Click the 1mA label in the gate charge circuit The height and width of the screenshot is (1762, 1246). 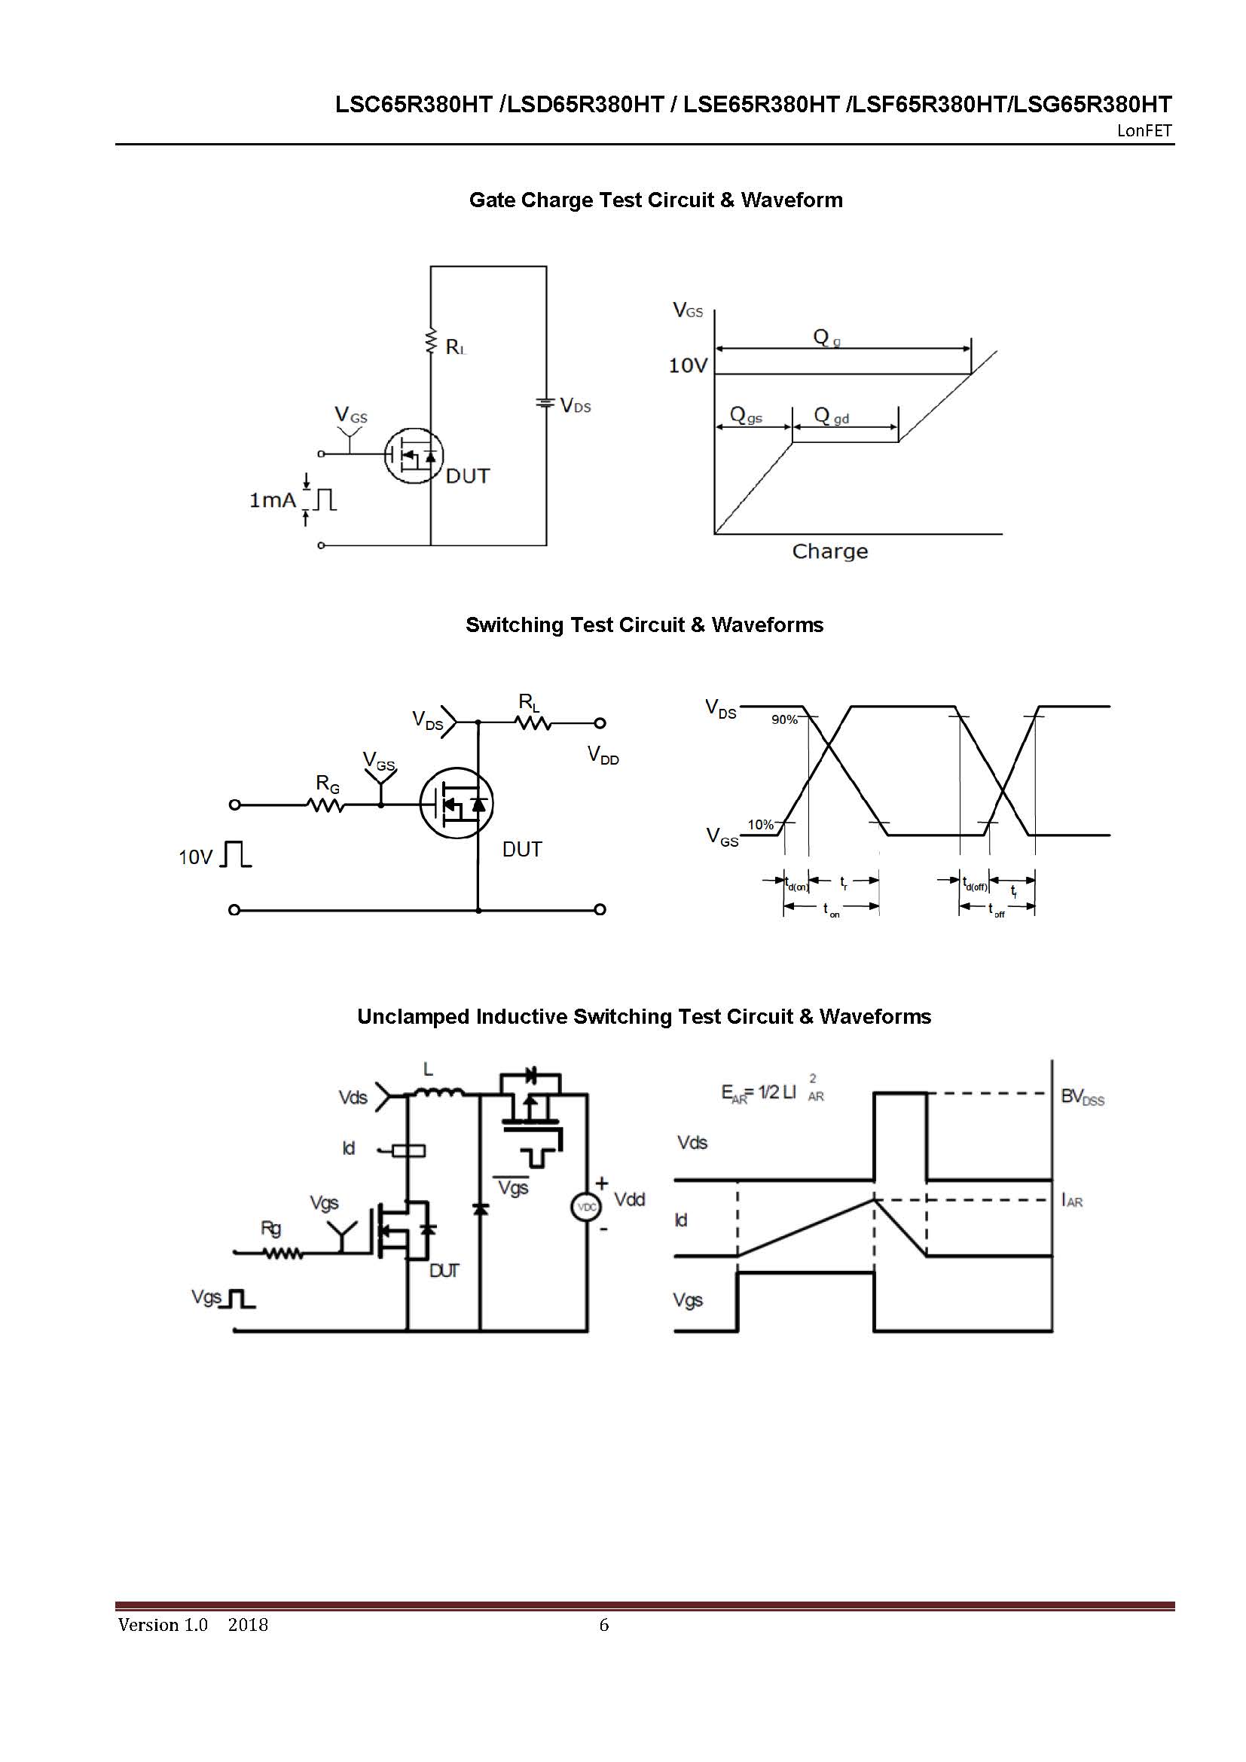[273, 500]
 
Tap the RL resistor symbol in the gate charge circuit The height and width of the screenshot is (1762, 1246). [430, 342]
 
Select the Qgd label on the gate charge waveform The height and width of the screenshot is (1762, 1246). [832, 417]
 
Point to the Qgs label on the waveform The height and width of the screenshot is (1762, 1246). [746, 416]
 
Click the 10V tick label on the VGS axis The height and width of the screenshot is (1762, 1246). [688, 365]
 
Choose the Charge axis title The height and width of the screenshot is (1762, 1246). [829, 551]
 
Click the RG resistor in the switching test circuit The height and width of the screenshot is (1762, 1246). [326, 805]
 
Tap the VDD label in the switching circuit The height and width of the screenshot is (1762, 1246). [603, 755]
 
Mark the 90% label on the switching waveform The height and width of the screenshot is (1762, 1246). [784, 720]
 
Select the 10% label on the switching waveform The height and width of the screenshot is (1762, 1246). [760, 825]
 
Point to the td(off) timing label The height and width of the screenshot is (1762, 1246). [975, 885]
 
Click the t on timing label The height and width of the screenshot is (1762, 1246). [832, 911]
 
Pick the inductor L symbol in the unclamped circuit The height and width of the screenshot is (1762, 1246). [438, 1092]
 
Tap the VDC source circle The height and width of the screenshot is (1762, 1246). [586, 1207]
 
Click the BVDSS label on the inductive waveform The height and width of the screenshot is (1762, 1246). [1082, 1097]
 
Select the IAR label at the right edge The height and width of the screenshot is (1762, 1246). [1072, 1200]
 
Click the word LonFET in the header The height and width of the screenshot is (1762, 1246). [1144, 130]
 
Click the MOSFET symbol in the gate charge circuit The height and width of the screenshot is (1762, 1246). [414, 455]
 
